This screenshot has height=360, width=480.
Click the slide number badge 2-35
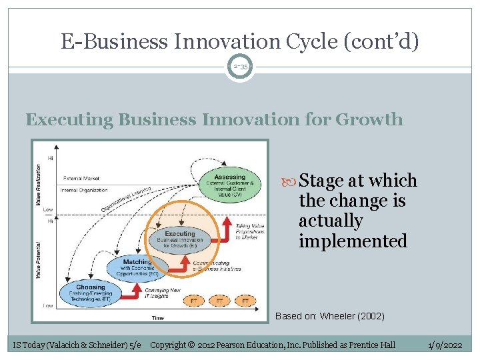240,67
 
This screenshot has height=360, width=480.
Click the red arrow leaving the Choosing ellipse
136,292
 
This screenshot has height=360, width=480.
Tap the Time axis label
157,318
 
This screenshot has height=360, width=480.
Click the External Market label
82,179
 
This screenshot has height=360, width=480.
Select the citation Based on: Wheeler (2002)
329,316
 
